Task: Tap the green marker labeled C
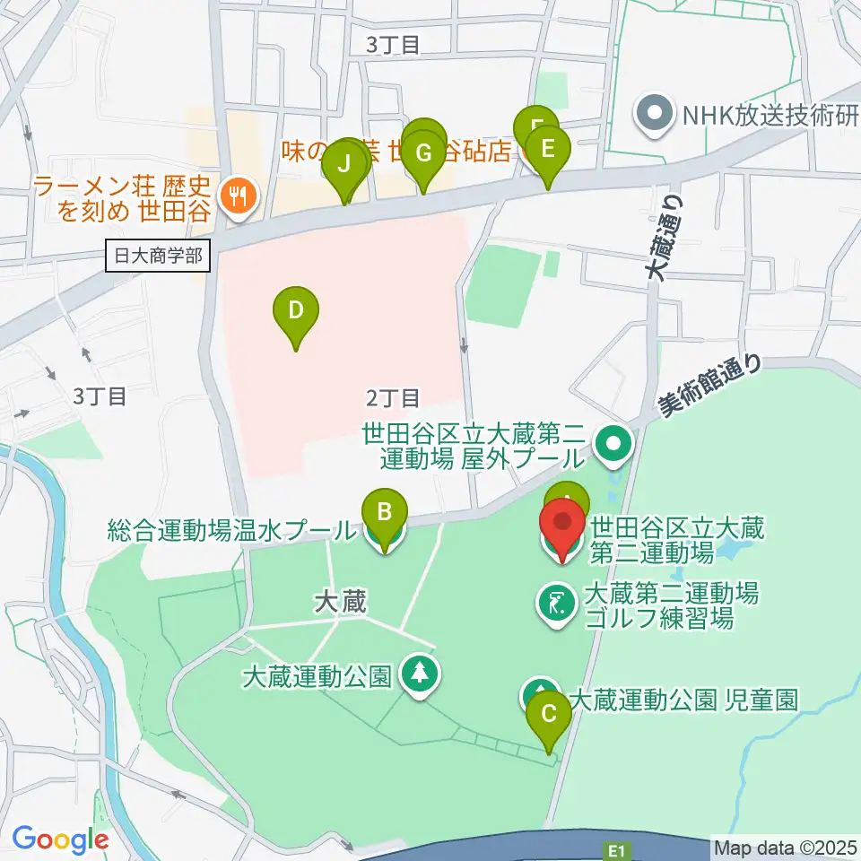click(548, 716)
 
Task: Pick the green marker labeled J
click(344, 165)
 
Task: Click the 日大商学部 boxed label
click(158, 257)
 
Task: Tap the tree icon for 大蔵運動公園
click(419, 673)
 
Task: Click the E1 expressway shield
click(615, 847)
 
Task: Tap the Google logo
click(60, 839)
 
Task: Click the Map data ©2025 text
click(783, 847)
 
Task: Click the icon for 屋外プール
click(616, 442)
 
